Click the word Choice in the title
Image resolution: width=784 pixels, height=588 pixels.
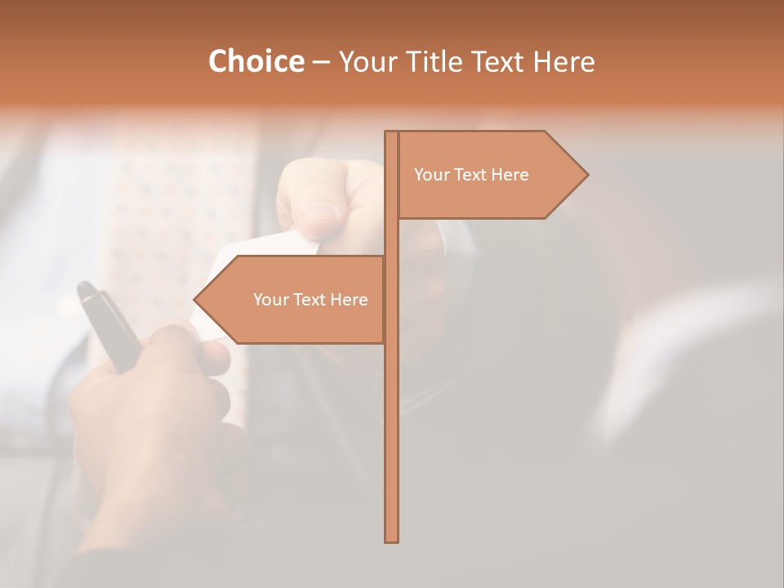point(256,62)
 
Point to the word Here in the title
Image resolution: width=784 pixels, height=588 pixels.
point(563,62)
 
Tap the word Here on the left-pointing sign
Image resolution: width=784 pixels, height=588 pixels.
point(349,300)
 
